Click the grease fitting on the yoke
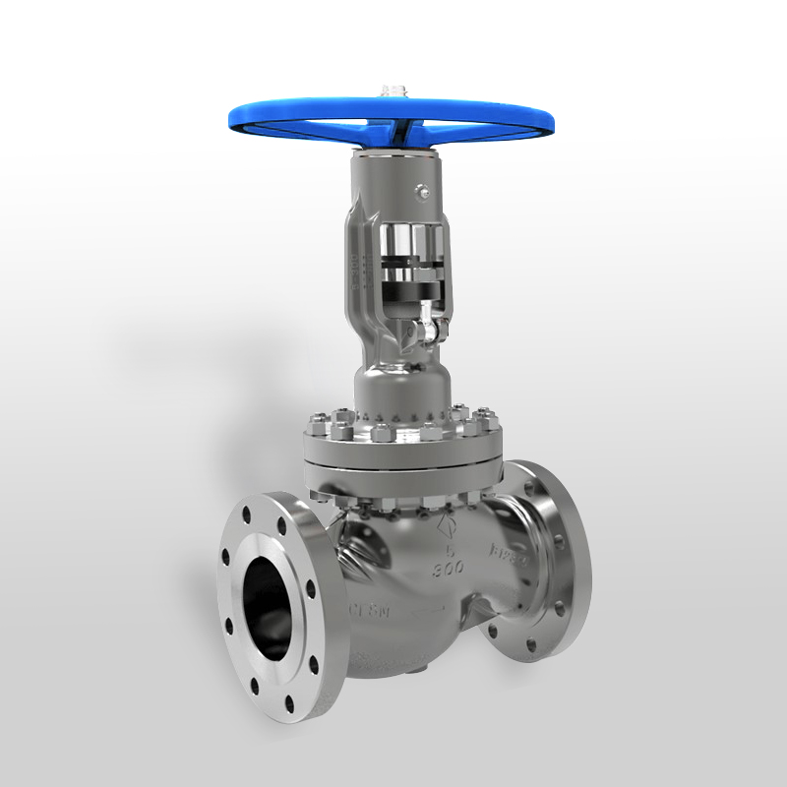coord(421,193)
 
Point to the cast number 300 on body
coord(449,568)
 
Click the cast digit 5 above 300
coord(450,549)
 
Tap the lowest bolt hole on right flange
coord(532,646)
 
